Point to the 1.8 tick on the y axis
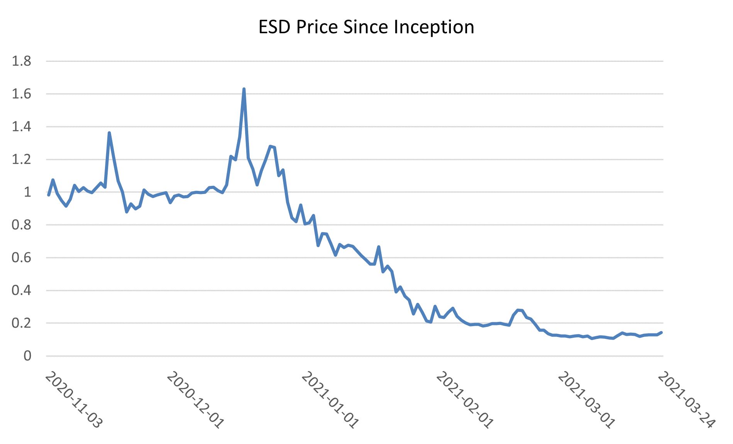point(22,61)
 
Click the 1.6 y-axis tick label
point(22,94)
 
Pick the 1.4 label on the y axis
point(22,127)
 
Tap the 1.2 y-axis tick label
point(22,159)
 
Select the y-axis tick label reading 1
point(27,192)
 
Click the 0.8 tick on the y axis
point(22,225)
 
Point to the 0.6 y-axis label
point(22,258)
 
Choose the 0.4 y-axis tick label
point(22,290)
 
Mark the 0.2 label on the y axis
point(22,323)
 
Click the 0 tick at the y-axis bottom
point(27,356)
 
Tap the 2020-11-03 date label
point(73,400)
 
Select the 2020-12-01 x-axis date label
point(195,400)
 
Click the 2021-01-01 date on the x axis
point(330,400)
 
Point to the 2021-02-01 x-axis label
point(464,400)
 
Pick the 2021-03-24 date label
point(686,400)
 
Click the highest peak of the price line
point(244,89)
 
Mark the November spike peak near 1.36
point(109,133)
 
